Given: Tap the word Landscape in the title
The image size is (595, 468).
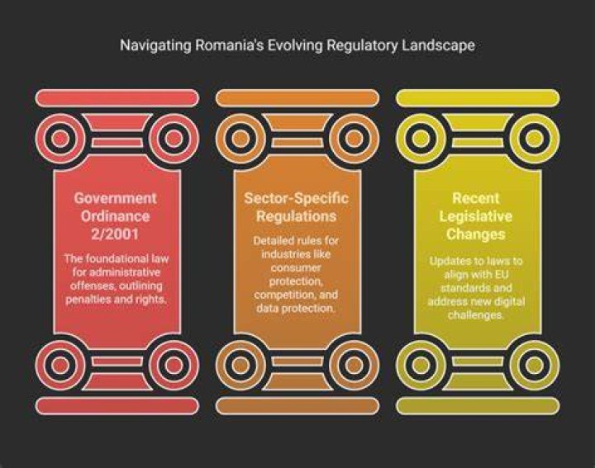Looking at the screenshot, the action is coord(438,45).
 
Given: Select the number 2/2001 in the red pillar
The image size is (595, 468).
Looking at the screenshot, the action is coord(115,234).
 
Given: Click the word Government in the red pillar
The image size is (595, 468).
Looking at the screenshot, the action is coord(115,198).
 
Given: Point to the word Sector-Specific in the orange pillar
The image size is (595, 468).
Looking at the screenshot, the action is coord(296,198).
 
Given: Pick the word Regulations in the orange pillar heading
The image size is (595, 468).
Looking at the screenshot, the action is coord(296,216).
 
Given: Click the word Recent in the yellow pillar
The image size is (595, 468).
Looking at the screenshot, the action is coord(475,198).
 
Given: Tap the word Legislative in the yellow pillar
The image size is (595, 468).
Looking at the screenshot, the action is coord(475,216).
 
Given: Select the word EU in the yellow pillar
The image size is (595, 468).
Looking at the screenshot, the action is coord(501,274).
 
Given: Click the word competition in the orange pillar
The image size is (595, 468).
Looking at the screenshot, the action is coord(283,295).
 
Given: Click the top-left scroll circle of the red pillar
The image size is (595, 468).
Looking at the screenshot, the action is coord(60,139).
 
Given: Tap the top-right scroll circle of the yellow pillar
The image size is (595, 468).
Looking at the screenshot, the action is coord(535,139).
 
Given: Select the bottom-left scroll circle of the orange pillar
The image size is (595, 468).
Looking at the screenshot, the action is coord(240,365).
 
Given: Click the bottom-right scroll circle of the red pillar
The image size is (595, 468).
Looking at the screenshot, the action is coord(174,365).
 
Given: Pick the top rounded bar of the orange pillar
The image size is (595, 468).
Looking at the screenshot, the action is coord(297,98).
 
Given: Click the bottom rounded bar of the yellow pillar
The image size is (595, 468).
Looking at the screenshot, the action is coord(478,406).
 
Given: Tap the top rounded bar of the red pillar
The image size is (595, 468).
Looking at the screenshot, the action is coord(117,98).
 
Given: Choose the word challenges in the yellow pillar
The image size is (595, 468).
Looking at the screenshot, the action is coord(475,315).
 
